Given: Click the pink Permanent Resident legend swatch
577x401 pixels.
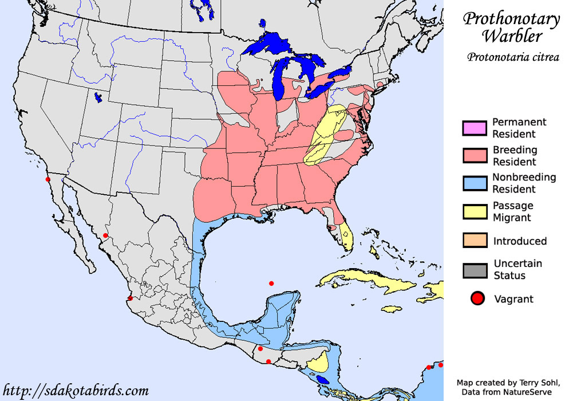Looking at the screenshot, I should click(475, 128).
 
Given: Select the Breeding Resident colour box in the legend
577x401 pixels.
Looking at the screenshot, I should click(475, 156).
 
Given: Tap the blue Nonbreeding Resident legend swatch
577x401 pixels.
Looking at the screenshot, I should click(475, 183).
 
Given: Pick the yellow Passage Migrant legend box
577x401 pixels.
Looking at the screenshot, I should click(475, 211).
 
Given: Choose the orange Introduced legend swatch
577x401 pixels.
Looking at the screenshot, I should click(475, 241).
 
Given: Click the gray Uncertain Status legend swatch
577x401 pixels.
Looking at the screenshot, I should click(475, 270).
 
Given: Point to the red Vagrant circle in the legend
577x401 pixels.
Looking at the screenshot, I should click(478, 298).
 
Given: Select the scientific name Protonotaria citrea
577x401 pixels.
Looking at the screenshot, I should click(513, 57).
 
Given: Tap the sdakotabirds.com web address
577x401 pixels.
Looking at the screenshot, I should click(76, 391).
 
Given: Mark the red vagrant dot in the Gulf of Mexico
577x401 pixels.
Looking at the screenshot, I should click(271, 284).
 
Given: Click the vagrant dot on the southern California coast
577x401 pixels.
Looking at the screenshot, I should click(48, 179).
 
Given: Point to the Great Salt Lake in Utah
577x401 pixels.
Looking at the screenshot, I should click(98, 98).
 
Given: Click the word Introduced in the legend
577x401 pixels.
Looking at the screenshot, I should click(520, 241).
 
